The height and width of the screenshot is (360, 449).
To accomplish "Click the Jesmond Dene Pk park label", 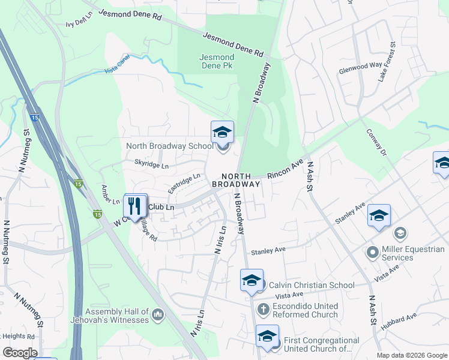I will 216,61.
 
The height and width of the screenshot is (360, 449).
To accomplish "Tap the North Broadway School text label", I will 169,146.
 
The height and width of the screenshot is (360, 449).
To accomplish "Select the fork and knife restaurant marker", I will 135,205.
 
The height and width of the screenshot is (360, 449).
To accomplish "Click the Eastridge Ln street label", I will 184,183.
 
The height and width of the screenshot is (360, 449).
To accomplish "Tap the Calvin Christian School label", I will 312,285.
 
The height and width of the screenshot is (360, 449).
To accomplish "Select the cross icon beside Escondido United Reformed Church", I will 263,310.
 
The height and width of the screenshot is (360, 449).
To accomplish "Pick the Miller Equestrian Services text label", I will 414,253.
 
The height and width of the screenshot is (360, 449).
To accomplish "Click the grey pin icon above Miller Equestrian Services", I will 399,233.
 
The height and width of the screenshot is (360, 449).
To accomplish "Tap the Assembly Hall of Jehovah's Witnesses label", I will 117,316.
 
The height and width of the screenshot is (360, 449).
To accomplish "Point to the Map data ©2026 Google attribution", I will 412,355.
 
